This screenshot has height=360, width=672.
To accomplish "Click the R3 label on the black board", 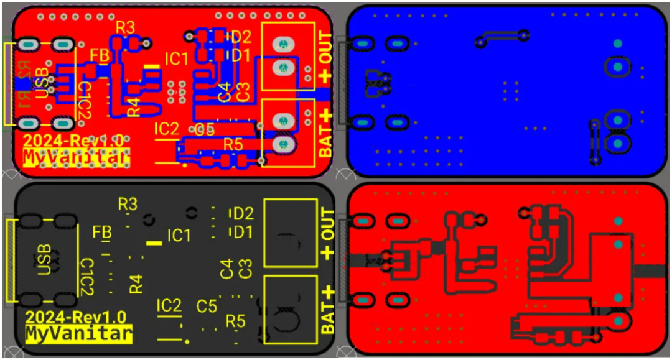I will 128,203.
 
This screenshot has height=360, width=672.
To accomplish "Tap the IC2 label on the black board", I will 169,305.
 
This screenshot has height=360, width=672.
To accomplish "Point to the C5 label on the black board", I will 207,306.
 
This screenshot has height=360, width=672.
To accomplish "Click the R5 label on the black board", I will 235,321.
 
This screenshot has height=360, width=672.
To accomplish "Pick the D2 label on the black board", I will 243,214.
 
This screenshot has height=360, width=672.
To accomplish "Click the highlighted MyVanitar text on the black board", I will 78,334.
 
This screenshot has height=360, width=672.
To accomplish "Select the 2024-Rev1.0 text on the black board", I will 76,316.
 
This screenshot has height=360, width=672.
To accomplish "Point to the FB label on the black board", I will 102,233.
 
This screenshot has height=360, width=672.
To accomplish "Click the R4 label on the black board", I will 136,284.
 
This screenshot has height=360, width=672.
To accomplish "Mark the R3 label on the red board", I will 125,27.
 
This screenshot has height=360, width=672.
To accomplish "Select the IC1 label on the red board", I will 176,60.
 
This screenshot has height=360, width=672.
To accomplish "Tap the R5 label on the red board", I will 233,144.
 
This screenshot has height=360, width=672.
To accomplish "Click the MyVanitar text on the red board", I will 76,158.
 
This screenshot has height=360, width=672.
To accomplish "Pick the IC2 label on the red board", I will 166,129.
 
